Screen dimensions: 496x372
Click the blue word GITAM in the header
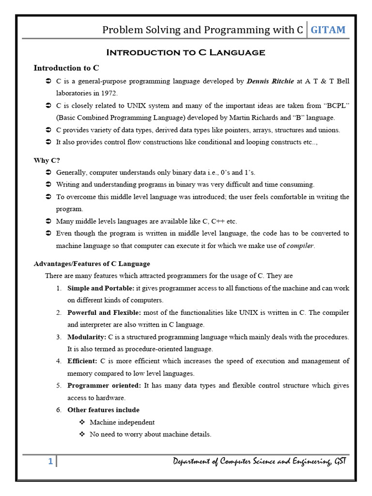(328, 30)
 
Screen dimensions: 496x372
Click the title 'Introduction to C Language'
(186, 52)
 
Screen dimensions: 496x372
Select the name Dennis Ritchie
(270, 81)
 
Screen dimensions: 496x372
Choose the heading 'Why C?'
(47, 160)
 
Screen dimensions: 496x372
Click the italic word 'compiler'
(300, 246)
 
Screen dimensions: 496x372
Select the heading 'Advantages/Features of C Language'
(92, 264)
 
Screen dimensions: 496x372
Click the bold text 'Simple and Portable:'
(101, 288)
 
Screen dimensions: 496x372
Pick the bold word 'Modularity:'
(86, 337)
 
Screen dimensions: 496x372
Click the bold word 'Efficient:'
(82, 361)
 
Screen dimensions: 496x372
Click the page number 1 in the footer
(50, 462)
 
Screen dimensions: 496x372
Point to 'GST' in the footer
(339, 462)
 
